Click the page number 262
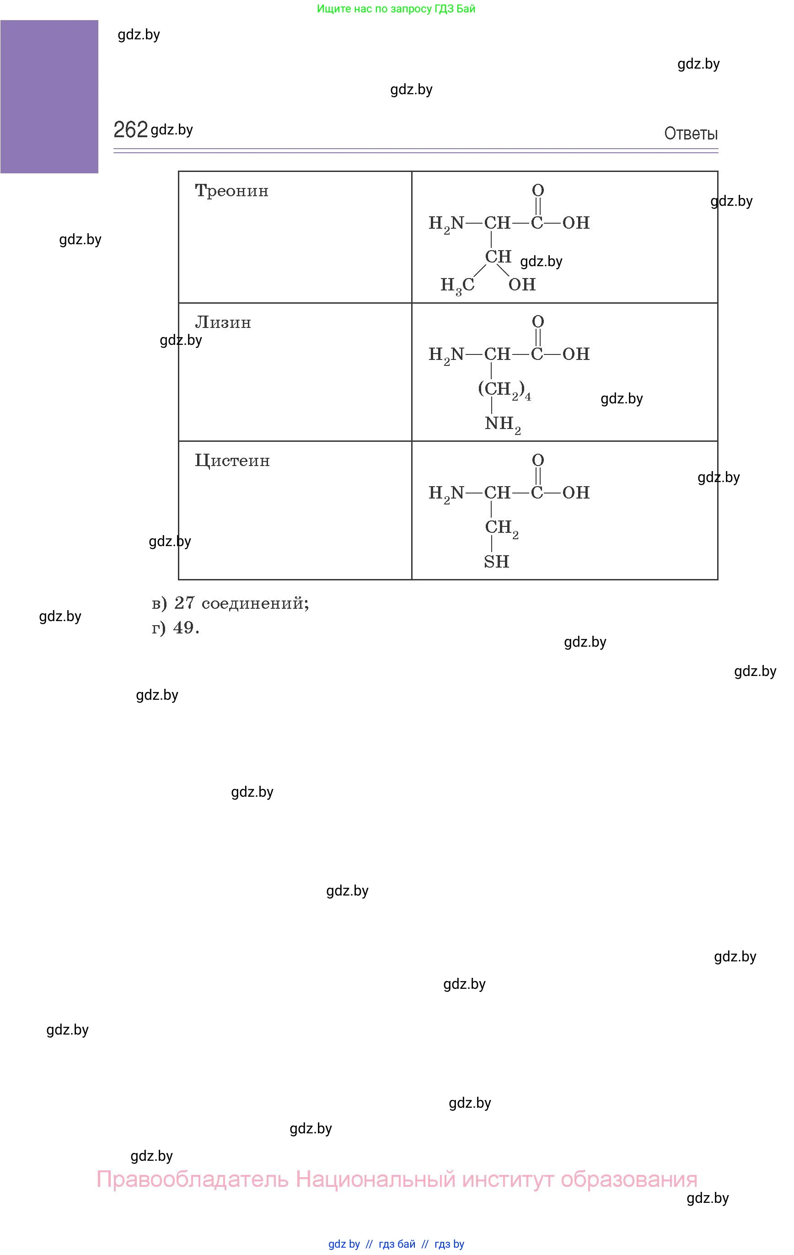click(x=130, y=130)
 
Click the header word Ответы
click(x=690, y=134)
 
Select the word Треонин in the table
click(x=231, y=191)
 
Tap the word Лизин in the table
click(x=223, y=322)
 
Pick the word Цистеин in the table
click(x=232, y=461)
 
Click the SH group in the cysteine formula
click(x=496, y=562)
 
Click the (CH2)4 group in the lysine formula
click(x=504, y=390)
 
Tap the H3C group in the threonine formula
click(x=457, y=285)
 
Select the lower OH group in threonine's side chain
click(x=522, y=284)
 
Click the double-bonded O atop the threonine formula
click(x=538, y=190)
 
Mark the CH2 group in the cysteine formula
click(x=501, y=528)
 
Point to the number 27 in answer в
click(x=184, y=603)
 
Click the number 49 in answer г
click(x=183, y=628)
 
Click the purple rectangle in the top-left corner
click(x=49, y=97)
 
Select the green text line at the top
click(x=396, y=9)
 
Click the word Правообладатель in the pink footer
click(x=193, y=1180)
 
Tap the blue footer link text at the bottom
click(x=396, y=1244)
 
